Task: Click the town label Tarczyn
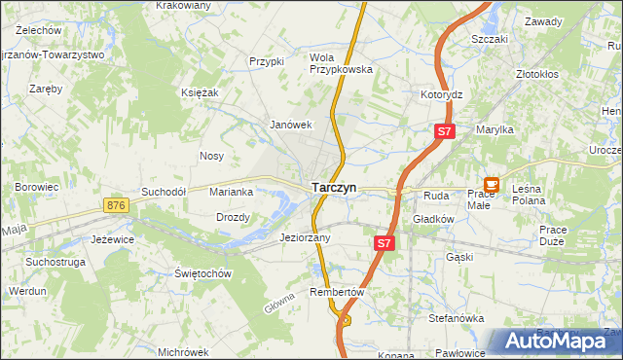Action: tap(333, 187)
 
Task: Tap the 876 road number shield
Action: tap(117, 205)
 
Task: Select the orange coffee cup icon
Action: tap(492, 183)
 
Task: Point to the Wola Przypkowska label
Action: tap(341, 63)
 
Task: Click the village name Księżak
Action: tap(199, 91)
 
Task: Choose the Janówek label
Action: tap(290, 125)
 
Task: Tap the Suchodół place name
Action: tap(163, 192)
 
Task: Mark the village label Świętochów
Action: tap(202, 273)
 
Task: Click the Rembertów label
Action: tap(336, 292)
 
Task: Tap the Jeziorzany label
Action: tap(305, 237)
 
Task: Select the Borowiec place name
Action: tap(37, 186)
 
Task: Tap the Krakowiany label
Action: tap(183, 6)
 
